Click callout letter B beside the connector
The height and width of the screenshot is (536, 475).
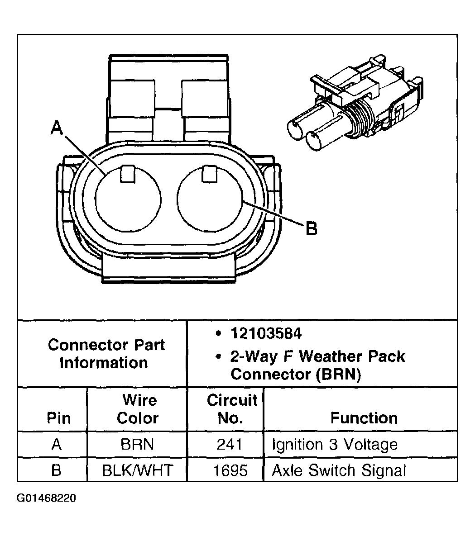click(311, 228)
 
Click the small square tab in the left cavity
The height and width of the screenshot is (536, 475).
click(127, 175)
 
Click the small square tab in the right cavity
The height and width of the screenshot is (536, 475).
click(209, 174)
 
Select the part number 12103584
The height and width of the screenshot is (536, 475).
click(266, 334)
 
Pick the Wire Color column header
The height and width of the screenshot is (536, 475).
click(137, 409)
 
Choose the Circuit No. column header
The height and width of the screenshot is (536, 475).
click(231, 409)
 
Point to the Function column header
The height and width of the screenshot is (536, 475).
click(364, 417)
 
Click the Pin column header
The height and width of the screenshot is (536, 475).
click(58, 417)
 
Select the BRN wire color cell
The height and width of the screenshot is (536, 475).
click(137, 445)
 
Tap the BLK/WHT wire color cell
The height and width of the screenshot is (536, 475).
click(137, 470)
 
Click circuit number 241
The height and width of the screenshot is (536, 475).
click(230, 445)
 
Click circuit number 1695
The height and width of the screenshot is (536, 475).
click(230, 470)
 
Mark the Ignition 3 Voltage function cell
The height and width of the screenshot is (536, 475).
click(334, 445)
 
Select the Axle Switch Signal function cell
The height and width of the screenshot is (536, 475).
click(339, 470)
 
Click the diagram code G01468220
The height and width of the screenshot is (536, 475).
click(47, 498)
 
